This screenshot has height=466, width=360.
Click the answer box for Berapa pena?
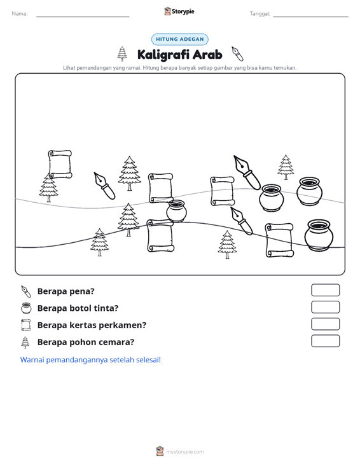point(325,290)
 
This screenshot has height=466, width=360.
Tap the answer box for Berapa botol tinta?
point(325,307)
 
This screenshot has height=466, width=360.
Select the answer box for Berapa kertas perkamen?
point(325,324)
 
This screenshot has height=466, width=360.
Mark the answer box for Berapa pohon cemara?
point(325,341)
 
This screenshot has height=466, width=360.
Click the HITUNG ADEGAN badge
point(179,39)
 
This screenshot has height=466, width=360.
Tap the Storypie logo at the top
point(179,11)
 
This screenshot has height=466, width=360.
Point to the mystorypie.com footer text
point(184,452)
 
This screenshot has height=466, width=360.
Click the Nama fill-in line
point(83,17)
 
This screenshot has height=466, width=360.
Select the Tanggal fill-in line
point(310,17)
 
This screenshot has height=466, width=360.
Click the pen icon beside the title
point(237,54)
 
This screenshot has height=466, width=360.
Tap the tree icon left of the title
point(122,54)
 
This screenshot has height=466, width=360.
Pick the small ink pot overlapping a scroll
point(176,211)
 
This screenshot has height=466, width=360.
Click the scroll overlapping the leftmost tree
point(60,165)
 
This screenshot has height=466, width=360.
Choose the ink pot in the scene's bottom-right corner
point(319,235)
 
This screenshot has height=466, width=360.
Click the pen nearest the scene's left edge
point(104,186)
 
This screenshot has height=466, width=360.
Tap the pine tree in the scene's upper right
point(286,167)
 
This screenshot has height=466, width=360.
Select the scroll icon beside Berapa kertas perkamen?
point(26,325)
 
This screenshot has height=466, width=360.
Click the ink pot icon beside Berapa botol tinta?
point(26,308)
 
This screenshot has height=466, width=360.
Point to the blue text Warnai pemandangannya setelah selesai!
point(90,360)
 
